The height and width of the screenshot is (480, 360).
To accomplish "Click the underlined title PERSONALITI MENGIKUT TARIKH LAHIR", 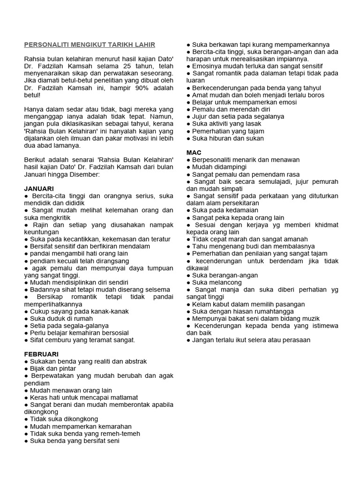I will pos(90,45).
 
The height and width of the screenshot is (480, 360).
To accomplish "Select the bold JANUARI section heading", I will pos(39,188).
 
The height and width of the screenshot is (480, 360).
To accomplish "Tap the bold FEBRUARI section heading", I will pos(41,354).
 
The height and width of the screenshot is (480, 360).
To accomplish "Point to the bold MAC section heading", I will pos(194,152).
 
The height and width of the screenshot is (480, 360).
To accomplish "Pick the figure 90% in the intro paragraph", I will pos(135,88).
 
